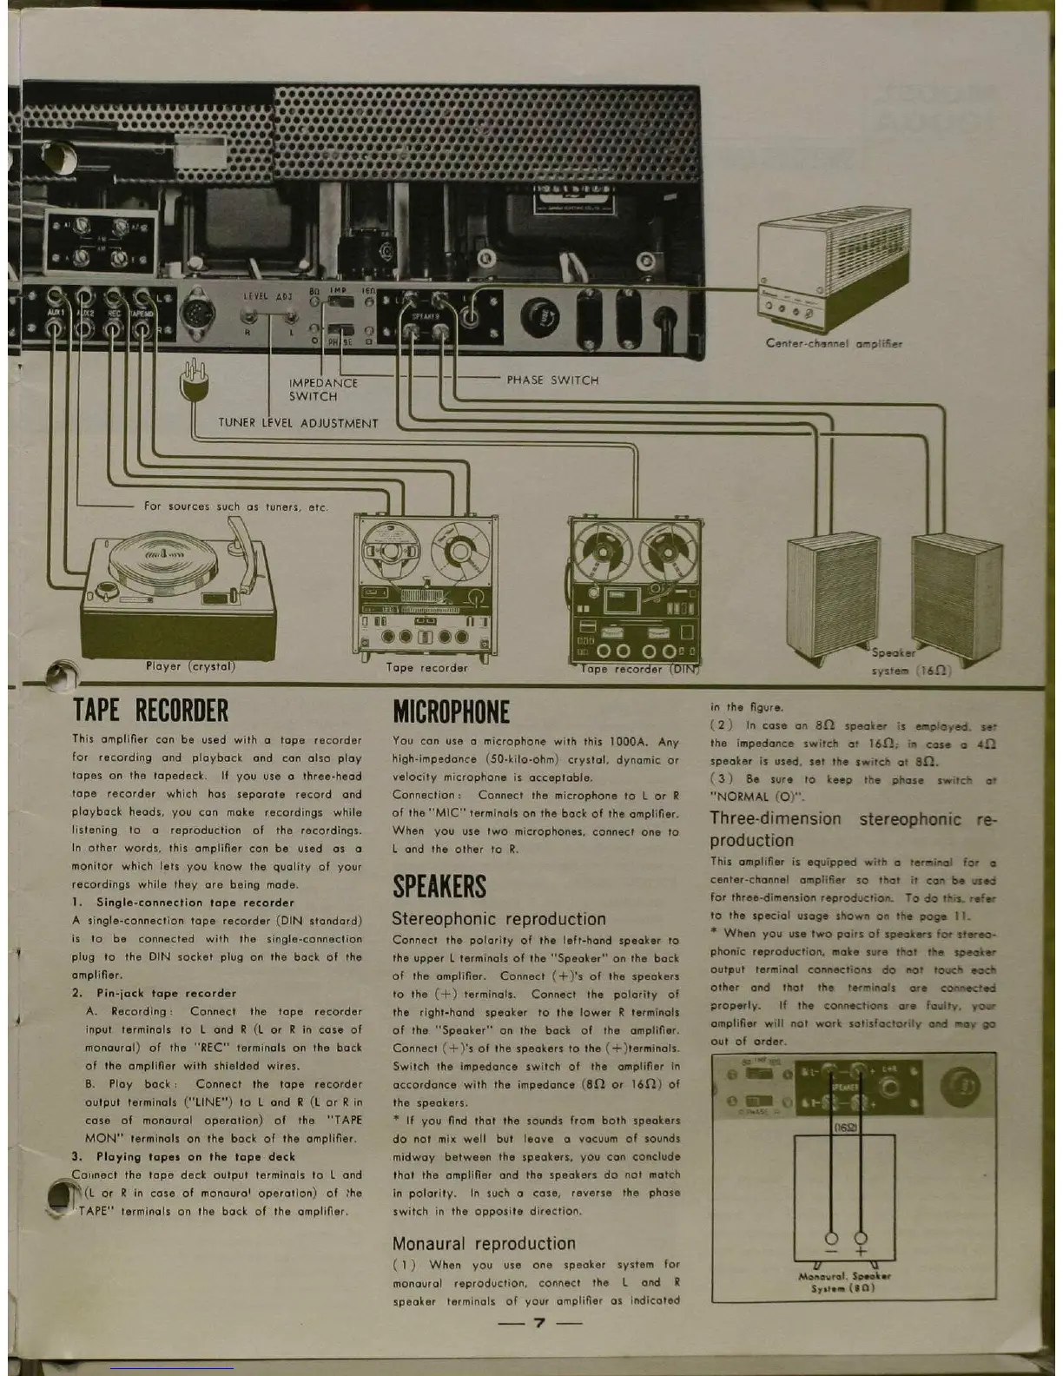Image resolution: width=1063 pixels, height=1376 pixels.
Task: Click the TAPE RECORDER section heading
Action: click(150, 711)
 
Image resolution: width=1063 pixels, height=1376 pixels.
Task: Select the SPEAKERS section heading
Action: click(439, 887)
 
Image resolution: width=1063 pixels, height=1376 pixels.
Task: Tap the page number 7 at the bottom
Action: click(538, 1323)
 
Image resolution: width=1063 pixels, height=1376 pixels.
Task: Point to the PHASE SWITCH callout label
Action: click(552, 380)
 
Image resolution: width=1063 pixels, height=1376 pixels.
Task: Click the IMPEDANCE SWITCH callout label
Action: click(322, 389)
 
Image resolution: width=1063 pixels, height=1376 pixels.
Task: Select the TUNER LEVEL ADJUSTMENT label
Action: click(298, 423)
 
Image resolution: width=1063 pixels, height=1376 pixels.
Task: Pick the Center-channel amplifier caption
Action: click(834, 343)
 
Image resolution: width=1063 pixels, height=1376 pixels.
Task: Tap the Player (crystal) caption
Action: click(190, 666)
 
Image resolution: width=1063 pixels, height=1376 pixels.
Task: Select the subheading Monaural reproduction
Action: click(484, 1243)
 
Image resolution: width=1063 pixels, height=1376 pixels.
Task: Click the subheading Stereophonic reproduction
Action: click(498, 918)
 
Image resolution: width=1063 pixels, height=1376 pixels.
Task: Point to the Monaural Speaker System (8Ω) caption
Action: click(844, 1282)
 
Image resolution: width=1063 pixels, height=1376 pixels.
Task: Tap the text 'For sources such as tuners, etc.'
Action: click(236, 506)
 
